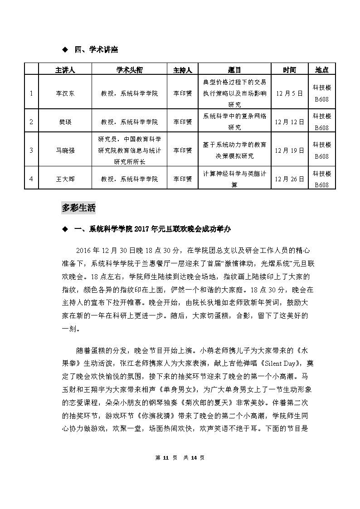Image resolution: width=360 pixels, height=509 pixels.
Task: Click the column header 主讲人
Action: point(65,70)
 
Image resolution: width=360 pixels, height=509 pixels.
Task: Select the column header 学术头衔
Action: point(129,70)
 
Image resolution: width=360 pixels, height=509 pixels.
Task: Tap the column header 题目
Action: point(234,70)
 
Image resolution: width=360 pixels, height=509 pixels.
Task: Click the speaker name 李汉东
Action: point(65,93)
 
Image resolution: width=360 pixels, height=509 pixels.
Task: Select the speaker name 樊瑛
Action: point(65,121)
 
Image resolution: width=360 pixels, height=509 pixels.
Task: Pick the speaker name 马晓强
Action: point(65,150)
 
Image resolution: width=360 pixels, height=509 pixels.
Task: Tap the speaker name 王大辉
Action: point(65,179)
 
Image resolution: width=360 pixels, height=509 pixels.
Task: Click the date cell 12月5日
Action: point(289,93)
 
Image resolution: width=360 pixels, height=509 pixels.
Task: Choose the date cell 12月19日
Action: point(289,150)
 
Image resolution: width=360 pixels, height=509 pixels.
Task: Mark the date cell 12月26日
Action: point(289,179)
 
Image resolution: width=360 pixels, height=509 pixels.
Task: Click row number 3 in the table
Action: point(31,150)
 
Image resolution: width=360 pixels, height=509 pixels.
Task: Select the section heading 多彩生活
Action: point(78,208)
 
